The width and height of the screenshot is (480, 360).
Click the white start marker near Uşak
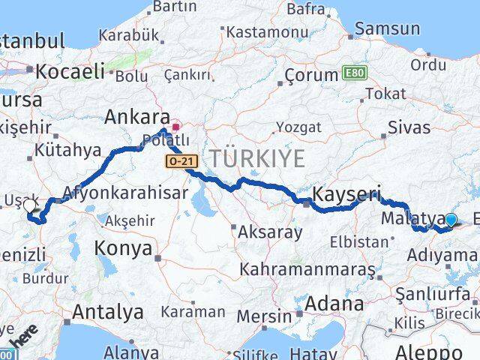tap(29, 205)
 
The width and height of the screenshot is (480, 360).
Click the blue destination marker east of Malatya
tap(451, 220)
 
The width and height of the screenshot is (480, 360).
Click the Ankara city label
tap(136, 117)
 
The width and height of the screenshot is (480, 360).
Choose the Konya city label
tap(123, 249)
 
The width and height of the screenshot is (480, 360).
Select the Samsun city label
tap(388, 29)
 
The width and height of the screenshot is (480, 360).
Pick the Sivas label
tap(409, 127)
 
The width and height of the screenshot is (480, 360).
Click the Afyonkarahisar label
tap(125, 192)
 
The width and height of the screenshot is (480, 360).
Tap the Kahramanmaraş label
tap(307, 268)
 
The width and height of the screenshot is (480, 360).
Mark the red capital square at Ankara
tap(176, 127)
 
